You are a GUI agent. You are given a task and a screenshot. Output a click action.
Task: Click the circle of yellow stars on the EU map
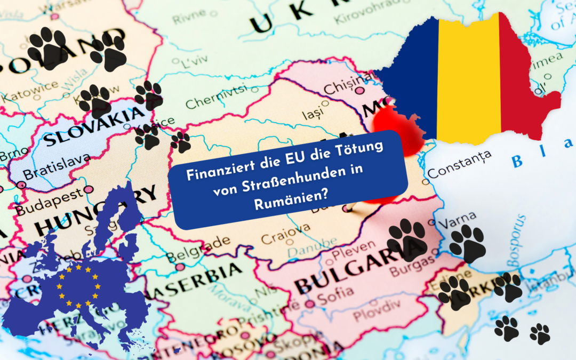point(79,287)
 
